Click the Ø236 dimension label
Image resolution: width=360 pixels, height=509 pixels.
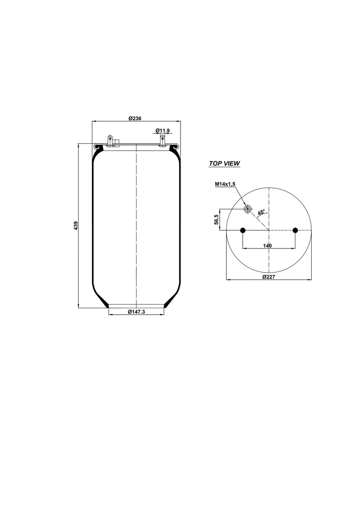coord(135,118)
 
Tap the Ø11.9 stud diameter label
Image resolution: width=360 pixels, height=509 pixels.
coord(163,130)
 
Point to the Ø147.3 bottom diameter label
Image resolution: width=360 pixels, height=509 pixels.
coord(136,312)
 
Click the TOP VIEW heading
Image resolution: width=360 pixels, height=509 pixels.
coord(224,164)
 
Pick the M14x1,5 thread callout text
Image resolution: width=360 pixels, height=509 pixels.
coord(225,184)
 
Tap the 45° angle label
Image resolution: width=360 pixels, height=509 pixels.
coord(261,212)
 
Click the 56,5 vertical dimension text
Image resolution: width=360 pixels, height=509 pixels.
coord(216,219)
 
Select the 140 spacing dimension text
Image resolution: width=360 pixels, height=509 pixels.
coord(268,246)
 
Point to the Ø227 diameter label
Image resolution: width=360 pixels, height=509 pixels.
coord(269,277)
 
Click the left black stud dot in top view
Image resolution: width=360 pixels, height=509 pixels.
coord(243,230)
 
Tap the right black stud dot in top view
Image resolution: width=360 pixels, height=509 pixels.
coord(295,230)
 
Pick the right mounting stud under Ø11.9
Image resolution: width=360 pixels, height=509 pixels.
coord(163,141)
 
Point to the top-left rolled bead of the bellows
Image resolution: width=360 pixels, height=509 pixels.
coord(98,147)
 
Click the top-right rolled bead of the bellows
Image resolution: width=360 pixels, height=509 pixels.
coord(174,147)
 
